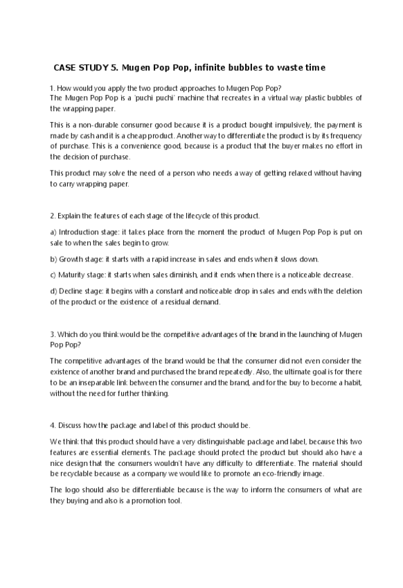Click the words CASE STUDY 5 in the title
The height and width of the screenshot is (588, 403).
[80, 68]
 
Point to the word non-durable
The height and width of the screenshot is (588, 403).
[98, 126]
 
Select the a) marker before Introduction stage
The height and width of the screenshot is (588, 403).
[53, 232]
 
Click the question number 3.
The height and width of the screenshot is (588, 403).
[52, 334]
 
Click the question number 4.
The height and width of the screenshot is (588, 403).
[52, 424]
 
